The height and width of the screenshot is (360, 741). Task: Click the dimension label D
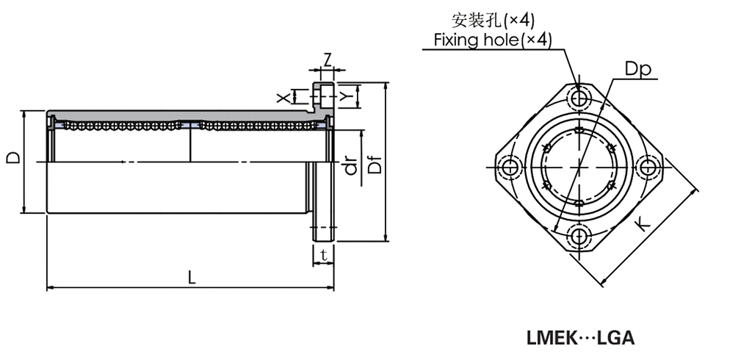point(12,158)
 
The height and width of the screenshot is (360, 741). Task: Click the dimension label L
point(191,277)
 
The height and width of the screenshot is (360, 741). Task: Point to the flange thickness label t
point(323,255)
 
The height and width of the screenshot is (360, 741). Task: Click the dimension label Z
point(327,58)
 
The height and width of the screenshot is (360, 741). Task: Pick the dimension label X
point(281,97)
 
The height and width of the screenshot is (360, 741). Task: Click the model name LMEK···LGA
point(579,338)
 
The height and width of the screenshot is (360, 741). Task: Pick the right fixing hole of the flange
point(648,168)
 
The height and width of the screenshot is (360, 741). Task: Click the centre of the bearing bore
point(580,167)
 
